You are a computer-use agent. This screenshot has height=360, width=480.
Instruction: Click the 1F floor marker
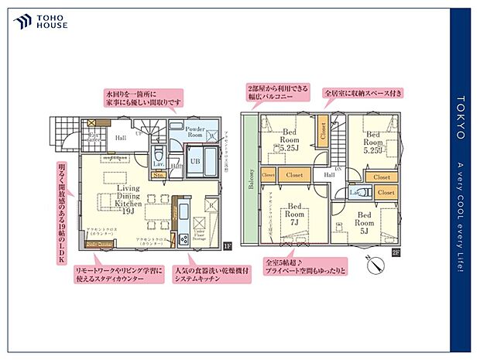click(x=227, y=246)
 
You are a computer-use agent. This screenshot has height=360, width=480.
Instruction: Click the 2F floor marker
click(x=396, y=252)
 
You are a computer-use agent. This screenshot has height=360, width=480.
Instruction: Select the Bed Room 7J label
click(x=295, y=216)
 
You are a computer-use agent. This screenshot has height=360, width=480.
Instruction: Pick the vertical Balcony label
click(x=251, y=177)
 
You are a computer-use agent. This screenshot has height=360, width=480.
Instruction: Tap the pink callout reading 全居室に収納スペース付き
click(x=365, y=92)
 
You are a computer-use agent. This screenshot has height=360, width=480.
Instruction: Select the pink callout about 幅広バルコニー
click(x=276, y=92)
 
